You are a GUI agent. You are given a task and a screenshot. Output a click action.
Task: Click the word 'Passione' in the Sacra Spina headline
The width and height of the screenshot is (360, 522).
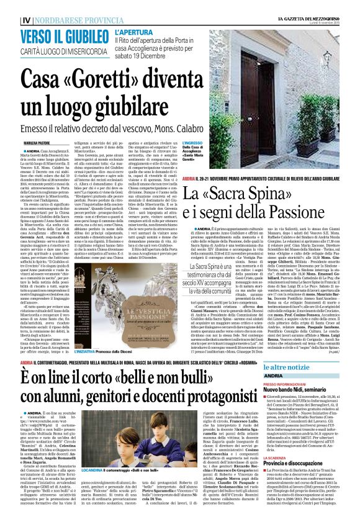tap(314, 199)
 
